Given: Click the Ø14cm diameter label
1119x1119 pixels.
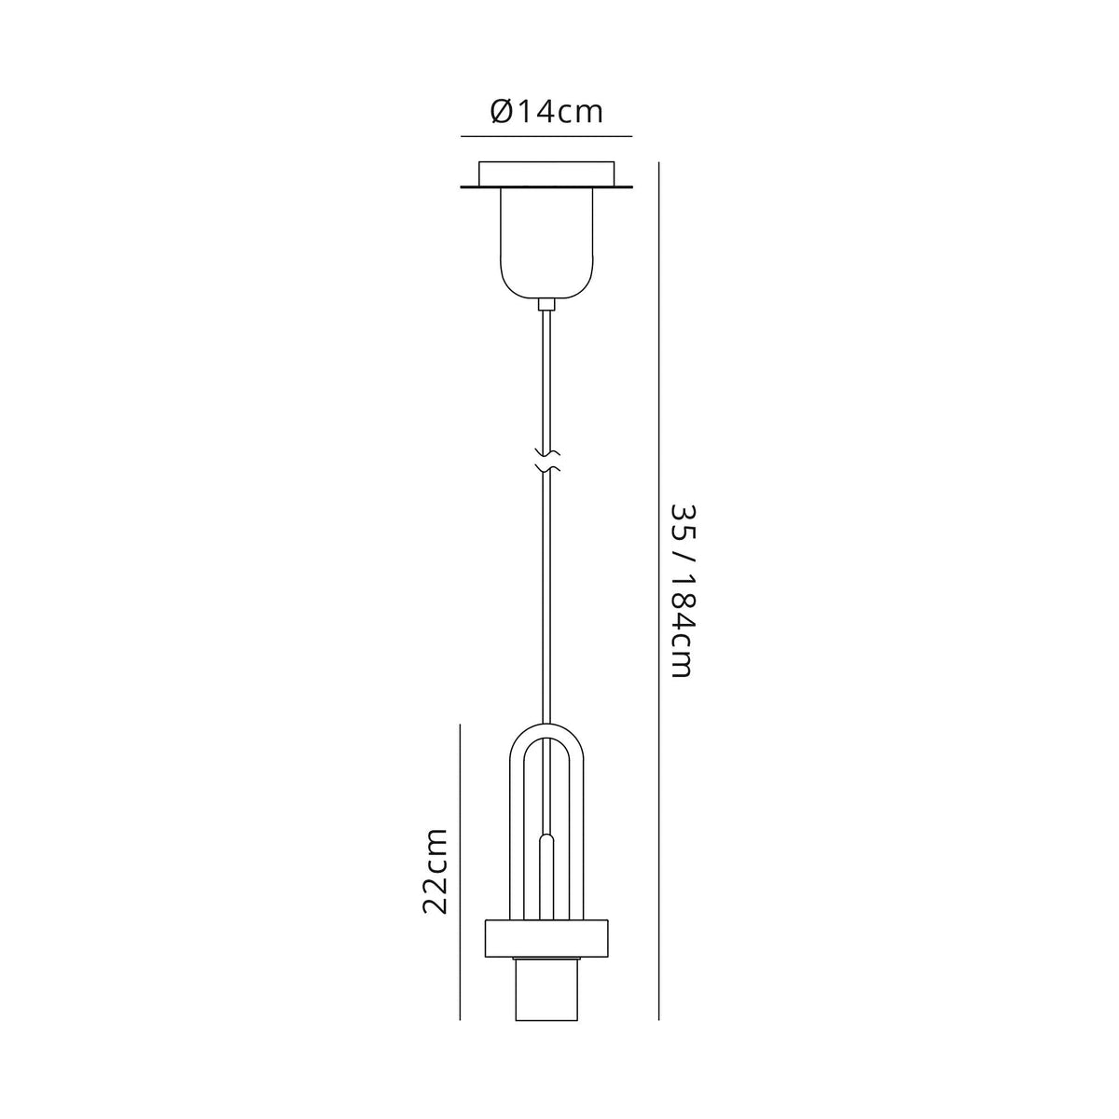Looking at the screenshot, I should tap(546, 112).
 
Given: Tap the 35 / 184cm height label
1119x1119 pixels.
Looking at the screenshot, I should tap(683, 591).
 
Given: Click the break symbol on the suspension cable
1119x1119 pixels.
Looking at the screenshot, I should tap(547, 459).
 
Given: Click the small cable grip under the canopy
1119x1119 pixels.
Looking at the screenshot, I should tap(546, 304).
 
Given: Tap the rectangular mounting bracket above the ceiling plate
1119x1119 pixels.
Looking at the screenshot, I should tap(546, 173).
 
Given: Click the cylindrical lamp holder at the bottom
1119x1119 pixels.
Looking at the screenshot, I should tap(546, 988).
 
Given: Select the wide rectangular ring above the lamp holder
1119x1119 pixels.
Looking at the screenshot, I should tap(546, 938).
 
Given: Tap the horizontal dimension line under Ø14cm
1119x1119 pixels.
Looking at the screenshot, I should tap(546, 137).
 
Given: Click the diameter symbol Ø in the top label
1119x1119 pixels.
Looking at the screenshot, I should tap(499, 112).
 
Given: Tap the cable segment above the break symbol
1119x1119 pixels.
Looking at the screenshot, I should tap(547, 373).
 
